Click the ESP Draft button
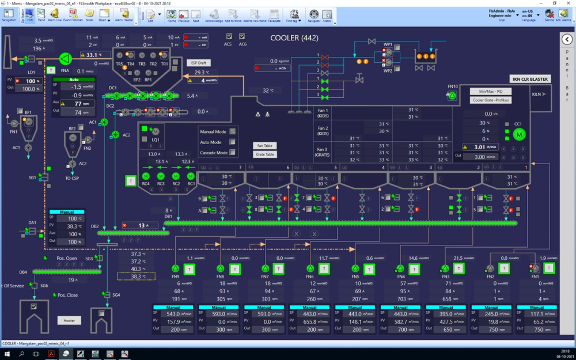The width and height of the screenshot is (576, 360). (x=198, y=62)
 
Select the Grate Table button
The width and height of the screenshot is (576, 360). (x=265, y=154)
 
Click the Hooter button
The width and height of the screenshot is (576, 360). (x=69, y=320)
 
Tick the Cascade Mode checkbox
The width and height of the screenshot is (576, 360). (x=233, y=153)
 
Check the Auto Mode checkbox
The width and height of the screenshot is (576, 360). (x=233, y=142)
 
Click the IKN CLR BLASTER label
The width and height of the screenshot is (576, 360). (x=530, y=79)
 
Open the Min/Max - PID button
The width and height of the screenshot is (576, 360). (x=490, y=92)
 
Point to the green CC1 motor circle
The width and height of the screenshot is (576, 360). (x=519, y=134)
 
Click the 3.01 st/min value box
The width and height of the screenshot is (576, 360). (x=483, y=147)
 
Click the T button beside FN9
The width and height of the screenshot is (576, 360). (x=190, y=268)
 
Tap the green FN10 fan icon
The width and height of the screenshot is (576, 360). (x=452, y=96)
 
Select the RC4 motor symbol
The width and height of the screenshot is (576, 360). (x=146, y=176)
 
